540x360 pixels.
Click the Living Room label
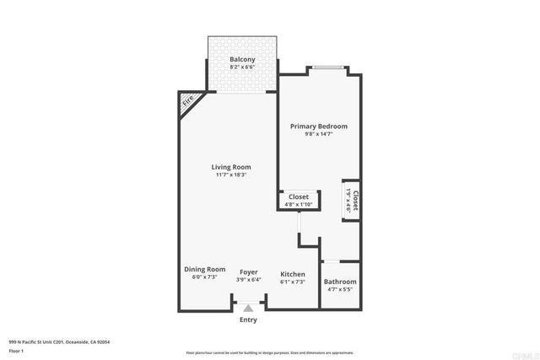click(x=230, y=167)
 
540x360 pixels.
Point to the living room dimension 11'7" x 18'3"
click(x=230, y=175)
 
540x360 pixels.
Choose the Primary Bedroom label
click(x=318, y=126)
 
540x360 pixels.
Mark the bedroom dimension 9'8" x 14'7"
click(x=318, y=135)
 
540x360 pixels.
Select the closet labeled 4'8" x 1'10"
click(x=299, y=200)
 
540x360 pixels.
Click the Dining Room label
click(x=205, y=269)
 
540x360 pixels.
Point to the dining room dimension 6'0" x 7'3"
click(x=205, y=277)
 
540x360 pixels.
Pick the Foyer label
click(x=248, y=271)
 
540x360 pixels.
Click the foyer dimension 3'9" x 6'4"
click(x=248, y=280)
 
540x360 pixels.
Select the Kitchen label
click(x=292, y=274)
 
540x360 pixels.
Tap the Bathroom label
click(x=341, y=282)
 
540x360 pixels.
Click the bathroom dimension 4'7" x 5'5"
click(x=341, y=290)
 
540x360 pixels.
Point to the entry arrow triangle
click(x=248, y=309)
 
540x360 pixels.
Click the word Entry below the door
click(x=248, y=320)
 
